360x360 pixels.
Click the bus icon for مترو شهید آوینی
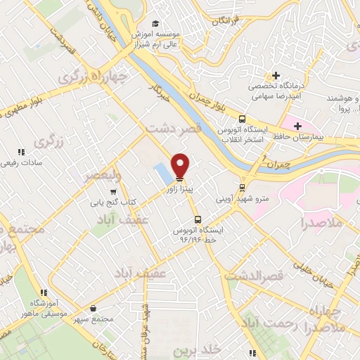[x=242, y=188]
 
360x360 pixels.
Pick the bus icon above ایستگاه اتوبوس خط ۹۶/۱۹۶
[x=198, y=219]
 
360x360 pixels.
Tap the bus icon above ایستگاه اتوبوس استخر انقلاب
[x=242, y=119]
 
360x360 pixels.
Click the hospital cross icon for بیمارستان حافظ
[x=298, y=125]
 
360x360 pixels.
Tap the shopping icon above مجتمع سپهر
[x=94, y=308]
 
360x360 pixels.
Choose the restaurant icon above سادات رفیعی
[x=21, y=151]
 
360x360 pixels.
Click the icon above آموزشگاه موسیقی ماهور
[x=43, y=292]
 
